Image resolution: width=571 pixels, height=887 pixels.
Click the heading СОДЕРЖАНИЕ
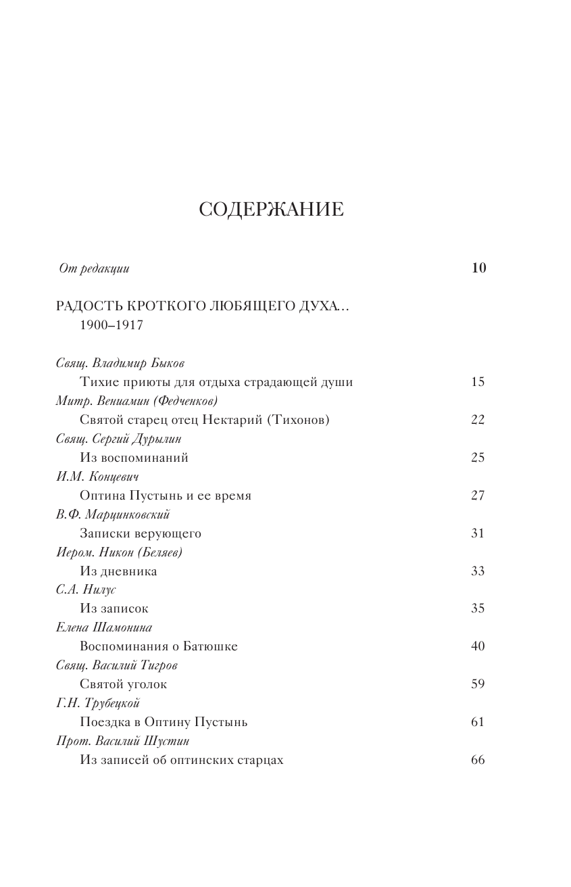271,210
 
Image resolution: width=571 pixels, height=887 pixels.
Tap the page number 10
478,268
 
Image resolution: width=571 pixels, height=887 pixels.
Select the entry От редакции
94,268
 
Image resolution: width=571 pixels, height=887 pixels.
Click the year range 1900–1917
111,325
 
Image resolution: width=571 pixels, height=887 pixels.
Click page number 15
478,382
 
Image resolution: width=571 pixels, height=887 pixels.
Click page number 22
478,420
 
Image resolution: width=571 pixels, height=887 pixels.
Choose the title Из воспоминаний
134,458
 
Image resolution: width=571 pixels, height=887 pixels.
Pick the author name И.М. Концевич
98,477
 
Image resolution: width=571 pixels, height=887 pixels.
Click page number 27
478,496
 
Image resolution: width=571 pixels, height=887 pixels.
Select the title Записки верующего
140,533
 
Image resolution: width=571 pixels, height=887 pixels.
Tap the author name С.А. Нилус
86,590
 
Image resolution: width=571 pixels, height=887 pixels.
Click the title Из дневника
118,571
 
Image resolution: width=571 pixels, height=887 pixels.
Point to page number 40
478,646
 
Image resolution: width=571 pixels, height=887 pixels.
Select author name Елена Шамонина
104,628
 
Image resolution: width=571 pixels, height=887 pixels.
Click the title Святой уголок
123,684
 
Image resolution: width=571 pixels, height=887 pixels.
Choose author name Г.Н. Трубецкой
98,703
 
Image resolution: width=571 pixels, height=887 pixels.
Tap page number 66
478,760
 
